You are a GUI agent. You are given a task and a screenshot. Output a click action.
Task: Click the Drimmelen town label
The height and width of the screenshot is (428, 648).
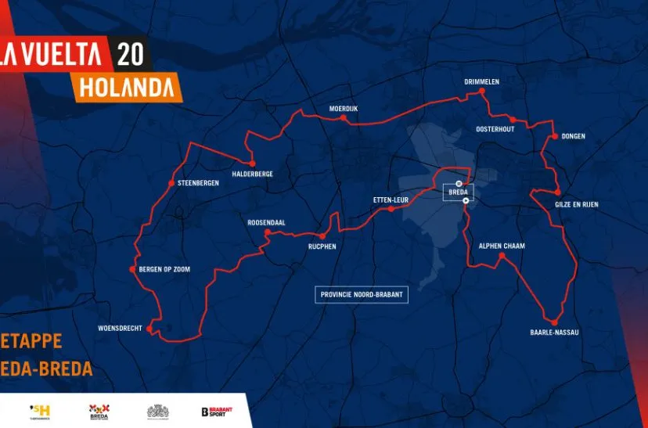pyautogui.click(x=481, y=81)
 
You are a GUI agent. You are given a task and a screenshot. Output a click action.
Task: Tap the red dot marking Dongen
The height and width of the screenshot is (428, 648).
pyautogui.click(x=555, y=136)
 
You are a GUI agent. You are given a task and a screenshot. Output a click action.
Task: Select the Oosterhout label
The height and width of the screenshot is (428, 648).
pyautogui.click(x=495, y=129)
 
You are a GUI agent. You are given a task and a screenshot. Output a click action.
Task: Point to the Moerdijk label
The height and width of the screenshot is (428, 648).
pyautogui.click(x=343, y=109)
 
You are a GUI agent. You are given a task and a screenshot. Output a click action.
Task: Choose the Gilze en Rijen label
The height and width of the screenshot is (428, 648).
pyautogui.click(x=577, y=204)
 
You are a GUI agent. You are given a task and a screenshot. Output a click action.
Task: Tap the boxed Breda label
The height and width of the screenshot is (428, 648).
pyautogui.click(x=458, y=192)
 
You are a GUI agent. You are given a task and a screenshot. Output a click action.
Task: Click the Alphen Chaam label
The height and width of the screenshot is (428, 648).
pyautogui.click(x=502, y=246)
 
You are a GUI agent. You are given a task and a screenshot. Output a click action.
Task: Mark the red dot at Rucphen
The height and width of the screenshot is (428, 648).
pyautogui.click(x=322, y=236)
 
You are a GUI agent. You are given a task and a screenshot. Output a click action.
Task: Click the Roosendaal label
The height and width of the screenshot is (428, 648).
pyautogui.click(x=266, y=222)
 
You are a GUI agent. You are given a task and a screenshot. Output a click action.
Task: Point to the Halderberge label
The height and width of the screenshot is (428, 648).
pyautogui.click(x=253, y=174)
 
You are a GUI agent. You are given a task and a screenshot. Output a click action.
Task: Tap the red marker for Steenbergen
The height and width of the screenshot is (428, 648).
pyautogui.click(x=171, y=183)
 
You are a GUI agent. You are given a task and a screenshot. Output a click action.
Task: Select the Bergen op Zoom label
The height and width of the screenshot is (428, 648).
pyautogui.click(x=164, y=269)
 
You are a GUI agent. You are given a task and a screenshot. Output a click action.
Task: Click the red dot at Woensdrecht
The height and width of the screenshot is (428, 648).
pyautogui.click(x=149, y=329)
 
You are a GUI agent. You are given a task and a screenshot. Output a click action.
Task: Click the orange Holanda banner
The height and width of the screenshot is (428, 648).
pyautogui.click(x=126, y=85)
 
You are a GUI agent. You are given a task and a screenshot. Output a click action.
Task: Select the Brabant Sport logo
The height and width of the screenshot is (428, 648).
pyautogui.click(x=217, y=412)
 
